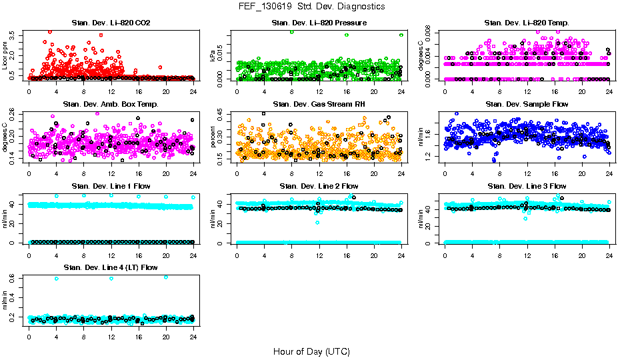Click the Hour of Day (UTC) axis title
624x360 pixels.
[311, 351]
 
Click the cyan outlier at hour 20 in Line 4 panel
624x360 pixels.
[166, 277]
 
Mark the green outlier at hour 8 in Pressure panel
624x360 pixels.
[292, 32]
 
